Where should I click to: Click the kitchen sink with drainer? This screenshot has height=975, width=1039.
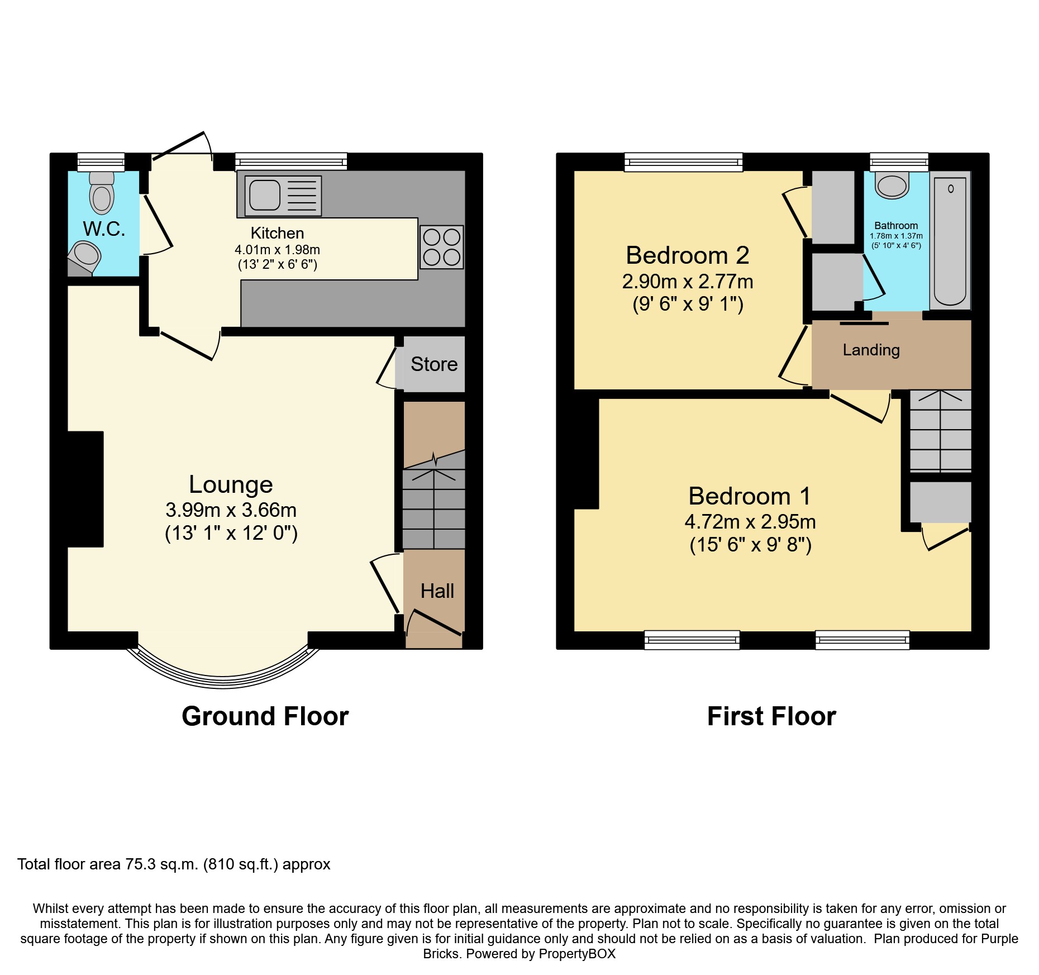(x=283, y=196)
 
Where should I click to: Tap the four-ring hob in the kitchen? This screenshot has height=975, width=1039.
(x=441, y=247)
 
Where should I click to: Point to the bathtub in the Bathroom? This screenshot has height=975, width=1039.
(x=950, y=241)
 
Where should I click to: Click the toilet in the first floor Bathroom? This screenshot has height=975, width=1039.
(x=892, y=186)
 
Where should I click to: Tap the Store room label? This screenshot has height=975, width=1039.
(x=434, y=364)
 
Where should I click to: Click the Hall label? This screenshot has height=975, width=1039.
(x=437, y=591)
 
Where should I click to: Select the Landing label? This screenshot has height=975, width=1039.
(x=871, y=350)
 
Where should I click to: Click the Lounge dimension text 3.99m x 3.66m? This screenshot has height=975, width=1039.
(x=231, y=510)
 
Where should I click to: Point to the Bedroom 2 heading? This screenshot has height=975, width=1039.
(x=687, y=255)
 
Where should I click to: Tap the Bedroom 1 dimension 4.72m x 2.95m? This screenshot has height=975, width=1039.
(x=750, y=522)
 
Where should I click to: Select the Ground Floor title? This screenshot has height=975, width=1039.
(x=265, y=716)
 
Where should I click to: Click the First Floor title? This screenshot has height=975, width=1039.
(x=771, y=716)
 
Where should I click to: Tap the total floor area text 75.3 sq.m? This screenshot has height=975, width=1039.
(x=174, y=864)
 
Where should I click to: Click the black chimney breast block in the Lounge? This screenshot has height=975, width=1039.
(x=85, y=489)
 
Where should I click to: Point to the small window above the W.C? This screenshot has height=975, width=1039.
(x=101, y=162)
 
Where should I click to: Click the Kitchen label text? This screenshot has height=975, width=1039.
(x=277, y=233)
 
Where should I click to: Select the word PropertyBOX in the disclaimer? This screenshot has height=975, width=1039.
(x=577, y=954)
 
